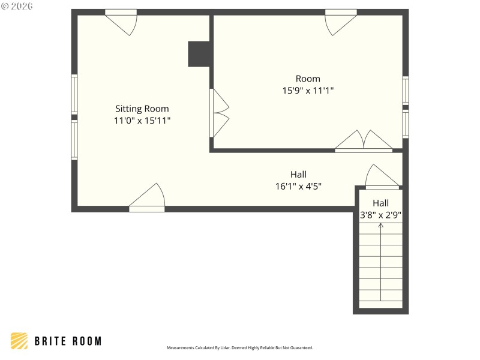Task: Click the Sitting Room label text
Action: point(142,109)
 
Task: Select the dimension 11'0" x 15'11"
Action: point(142,120)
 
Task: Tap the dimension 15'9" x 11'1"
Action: point(308,91)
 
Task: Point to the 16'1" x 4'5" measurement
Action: point(298,186)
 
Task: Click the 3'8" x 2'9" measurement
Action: point(380,214)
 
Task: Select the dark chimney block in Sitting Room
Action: point(199,54)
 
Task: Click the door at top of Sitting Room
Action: point(122,21)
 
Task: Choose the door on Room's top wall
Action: point(340,22)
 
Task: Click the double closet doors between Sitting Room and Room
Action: point(219,113)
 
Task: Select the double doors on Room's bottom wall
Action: point(364,142)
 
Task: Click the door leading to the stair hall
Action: point(382,178)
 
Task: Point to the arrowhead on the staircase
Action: point(380,226)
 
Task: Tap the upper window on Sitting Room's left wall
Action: point(74,94)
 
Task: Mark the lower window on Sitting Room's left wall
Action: point(74,140)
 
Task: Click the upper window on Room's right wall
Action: point(406,90)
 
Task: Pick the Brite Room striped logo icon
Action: point(19,341)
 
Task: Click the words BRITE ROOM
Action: point(68,341)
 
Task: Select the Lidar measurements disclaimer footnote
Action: point(239,347)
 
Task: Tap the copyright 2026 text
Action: point(17,7)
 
